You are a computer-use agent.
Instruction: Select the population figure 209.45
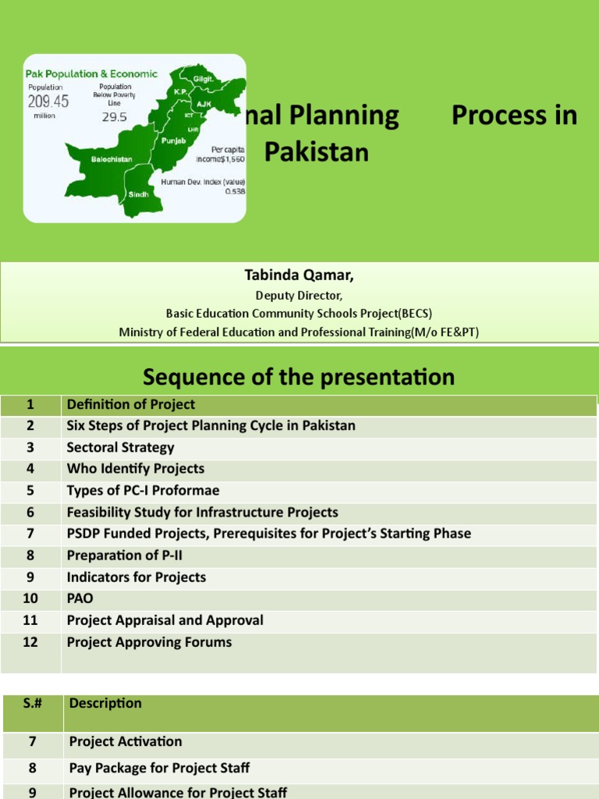(x=48, y=102)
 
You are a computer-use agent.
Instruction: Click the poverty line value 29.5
(x=112, y=117)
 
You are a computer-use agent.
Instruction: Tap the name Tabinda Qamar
(x=299, y=275)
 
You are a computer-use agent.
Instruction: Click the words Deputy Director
(x=299, y=295)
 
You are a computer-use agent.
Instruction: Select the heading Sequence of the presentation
(x=299, y=377)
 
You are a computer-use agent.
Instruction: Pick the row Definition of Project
(x=130, y=404)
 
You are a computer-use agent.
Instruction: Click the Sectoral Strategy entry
(x=120, y=447)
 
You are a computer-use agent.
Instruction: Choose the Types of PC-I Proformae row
(x=143, y=490)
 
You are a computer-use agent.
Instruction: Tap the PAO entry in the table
(x=80, y=598)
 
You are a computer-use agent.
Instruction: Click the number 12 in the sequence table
(x=30, y=642)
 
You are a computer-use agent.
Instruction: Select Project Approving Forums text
(x=149, y=642)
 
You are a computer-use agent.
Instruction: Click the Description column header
(x=105, y=703)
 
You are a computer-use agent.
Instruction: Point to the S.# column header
(x=33, y=703)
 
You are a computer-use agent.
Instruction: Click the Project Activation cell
(x=125, y=741)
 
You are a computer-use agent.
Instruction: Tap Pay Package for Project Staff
(x=159, y=768)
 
